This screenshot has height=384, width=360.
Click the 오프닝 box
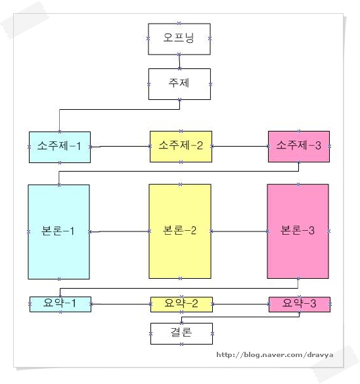pos(179,39)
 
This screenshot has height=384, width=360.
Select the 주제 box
pos(179,84)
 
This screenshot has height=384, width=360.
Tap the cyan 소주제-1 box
pos(60,147)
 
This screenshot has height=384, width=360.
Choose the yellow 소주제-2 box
pos(181,147)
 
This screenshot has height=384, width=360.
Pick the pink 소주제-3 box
pos(299,147)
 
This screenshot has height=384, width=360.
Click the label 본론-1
pos(58,231)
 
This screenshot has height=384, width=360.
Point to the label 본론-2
pos(179,230)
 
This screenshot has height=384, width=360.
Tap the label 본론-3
pos(298,230)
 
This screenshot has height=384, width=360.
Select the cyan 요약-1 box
pos(60,304)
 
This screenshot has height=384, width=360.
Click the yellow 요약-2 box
pos(181,304)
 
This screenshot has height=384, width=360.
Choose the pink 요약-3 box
pos(300,304)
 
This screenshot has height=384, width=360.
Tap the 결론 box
pos(181,333)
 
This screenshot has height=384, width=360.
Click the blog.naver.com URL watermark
pos(275,355)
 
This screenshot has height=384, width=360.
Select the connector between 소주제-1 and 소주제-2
pos(120,147)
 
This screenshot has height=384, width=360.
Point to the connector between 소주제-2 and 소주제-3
pos(240,147)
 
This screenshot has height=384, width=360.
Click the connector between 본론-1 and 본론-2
pos(119,231)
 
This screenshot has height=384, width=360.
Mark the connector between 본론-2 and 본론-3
pos(239,231)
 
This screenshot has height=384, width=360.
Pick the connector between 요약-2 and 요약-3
pos(241,304)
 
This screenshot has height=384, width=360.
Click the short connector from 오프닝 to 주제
pos(179,61)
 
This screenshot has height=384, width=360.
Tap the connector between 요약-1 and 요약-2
pos(121,304)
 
